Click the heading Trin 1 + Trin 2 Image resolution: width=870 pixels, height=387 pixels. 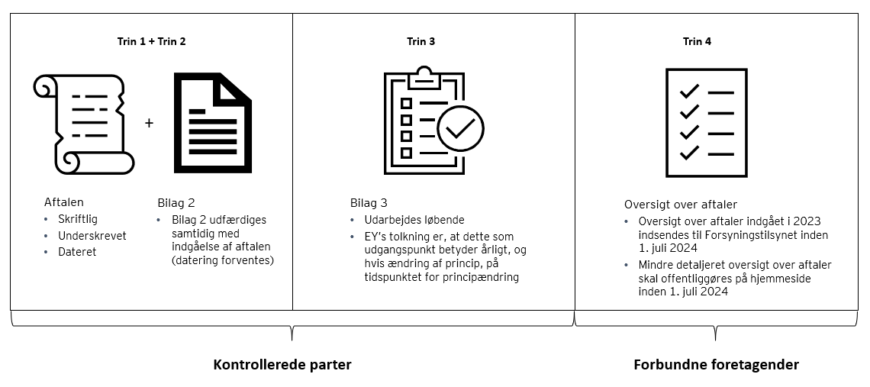point(151,42)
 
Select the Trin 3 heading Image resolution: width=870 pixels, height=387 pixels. point(420,42)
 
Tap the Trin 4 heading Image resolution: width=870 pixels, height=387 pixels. point(697,42)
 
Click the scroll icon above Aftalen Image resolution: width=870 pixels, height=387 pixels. point(84,124)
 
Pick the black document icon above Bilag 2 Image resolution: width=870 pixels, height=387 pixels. point(212,122)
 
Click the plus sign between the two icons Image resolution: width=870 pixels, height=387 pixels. point(149,122)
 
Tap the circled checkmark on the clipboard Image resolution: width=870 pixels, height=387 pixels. point(459,128)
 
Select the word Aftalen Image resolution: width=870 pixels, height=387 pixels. point(64,202)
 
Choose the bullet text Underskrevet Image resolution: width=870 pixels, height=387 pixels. point(92,236)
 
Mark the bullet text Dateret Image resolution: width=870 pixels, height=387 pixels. point(77,252)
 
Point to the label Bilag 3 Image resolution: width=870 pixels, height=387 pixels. point(369,202)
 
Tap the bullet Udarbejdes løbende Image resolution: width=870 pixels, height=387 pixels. point(414,220)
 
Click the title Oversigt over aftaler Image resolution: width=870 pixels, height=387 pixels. point(681,205)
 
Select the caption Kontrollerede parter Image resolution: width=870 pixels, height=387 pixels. point(282,364)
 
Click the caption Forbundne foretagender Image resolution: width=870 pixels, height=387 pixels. point(716,364)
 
